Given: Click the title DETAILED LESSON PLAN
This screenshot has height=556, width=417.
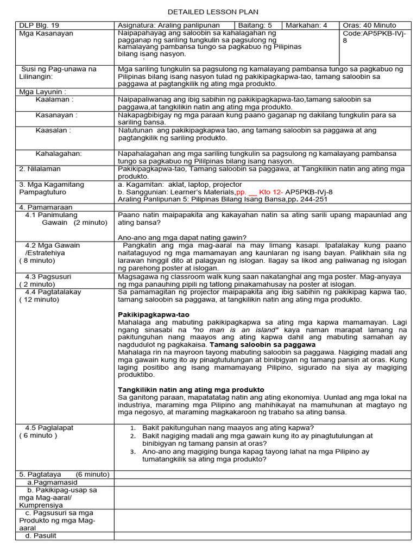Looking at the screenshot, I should [213, 11].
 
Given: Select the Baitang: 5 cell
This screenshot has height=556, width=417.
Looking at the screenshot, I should [255, 26].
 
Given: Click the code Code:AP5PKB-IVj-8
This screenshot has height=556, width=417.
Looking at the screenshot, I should [374, 37].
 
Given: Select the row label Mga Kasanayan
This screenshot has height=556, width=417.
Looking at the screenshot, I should [46, 34].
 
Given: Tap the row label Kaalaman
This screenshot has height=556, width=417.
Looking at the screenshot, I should [54, 100].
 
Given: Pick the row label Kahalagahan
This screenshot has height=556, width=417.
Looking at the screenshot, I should [59, 154].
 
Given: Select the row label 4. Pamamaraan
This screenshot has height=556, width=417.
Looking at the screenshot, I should [46, 207].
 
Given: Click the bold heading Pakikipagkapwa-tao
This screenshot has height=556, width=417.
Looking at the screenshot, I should [154, 315].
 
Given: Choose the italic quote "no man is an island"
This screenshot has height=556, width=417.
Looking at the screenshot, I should [236, 330].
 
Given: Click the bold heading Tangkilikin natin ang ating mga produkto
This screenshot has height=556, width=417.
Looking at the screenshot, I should [191, 390].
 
